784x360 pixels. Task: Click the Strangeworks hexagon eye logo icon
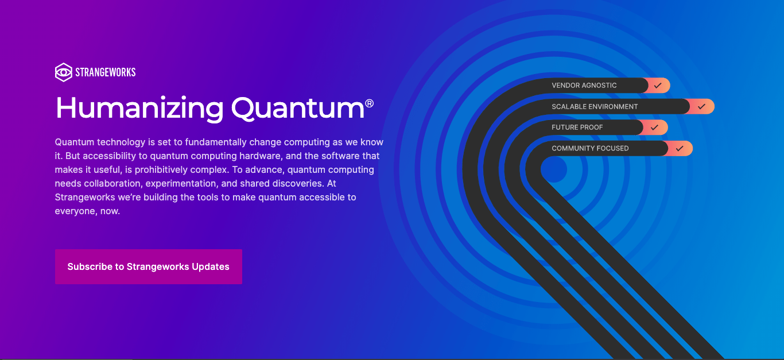(63, 72)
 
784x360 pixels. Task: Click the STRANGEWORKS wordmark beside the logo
(106, 72)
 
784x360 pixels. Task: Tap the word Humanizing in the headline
(139, 108)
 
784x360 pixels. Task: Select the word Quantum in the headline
(298, 108)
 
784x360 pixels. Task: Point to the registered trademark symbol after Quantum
(369, 103)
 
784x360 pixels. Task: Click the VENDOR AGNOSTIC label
(584, 86)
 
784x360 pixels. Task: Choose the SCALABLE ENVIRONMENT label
(595, 107)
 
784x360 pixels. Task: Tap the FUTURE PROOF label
(577, 127)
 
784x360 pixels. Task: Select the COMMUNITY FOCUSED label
(590, 149)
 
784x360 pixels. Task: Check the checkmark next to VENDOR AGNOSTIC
(658, 86)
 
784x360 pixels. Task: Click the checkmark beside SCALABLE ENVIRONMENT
(701, 107)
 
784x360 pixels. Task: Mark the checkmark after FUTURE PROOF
(654, 127)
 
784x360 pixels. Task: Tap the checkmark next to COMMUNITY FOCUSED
(680, 149)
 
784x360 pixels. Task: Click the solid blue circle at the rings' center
(553, 170)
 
